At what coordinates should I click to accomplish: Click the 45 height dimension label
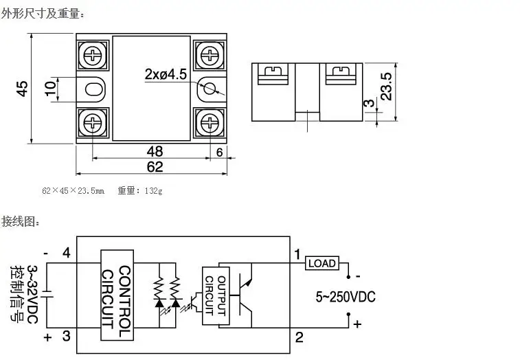click(x=22, y=88)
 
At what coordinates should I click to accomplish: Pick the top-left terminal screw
click(x=92, y=53)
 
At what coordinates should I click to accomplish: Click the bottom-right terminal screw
click(x=210, y=123)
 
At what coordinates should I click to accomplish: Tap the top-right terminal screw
click(x=210, y=53)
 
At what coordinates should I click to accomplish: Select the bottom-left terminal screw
click(x=92, y=123)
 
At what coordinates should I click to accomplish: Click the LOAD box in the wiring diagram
click(x=321, y=263)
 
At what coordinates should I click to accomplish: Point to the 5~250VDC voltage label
click(x=346, y=297)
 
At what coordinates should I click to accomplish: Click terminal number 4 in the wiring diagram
click(x=66, y=254)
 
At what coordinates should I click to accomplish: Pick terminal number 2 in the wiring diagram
click(x=299, y=337)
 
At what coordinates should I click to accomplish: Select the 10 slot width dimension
click(x=49, y=88)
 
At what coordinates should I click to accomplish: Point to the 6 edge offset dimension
click(x=219, y=153)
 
